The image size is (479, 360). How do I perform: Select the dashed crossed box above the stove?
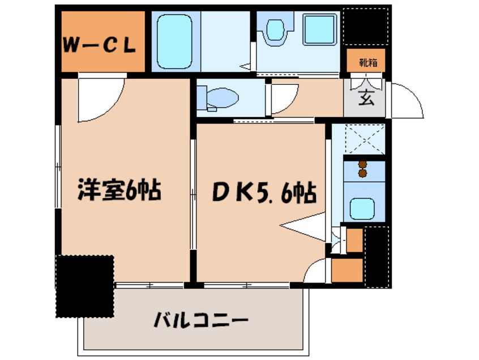pos(363,139)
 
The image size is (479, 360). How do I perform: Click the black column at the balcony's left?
pos(85,285)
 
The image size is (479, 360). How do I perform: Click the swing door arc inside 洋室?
pos(100,100)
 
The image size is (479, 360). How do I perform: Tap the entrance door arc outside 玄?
pos(407,101)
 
